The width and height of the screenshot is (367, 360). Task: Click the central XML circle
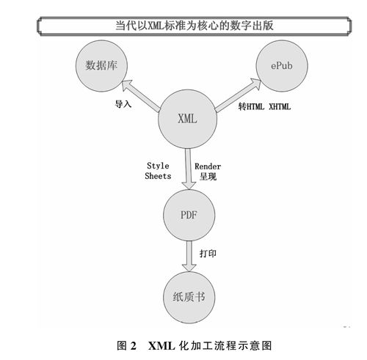click(188, 119)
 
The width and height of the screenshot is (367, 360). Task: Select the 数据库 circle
click(101, 66)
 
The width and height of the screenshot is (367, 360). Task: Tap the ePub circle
click(282, 66)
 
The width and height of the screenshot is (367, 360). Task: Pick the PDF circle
click(189, 215)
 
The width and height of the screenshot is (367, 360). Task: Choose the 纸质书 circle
click(189, 298)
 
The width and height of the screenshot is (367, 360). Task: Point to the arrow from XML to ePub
click(238, 95)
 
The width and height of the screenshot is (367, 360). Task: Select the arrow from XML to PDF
click(189, 169)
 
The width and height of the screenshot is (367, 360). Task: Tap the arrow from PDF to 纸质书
click(189, 256)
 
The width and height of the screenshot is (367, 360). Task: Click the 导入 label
click(123, 104)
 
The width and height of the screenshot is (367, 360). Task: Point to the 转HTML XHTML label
click(264, 106)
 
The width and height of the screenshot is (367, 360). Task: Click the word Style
click(158, 166)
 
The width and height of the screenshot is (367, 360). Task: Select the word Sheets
click(158, 176)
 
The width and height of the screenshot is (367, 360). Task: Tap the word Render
click(208, 166)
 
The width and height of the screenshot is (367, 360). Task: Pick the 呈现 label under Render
click(208, 177)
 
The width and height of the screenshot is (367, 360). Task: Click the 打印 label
click(208, 254)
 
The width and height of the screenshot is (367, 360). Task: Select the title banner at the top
click(195, 26)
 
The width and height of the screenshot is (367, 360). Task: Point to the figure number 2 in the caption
click(134, 346)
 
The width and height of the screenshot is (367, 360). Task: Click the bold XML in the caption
click(161, 346)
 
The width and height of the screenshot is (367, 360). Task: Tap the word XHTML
click(280, 106)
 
